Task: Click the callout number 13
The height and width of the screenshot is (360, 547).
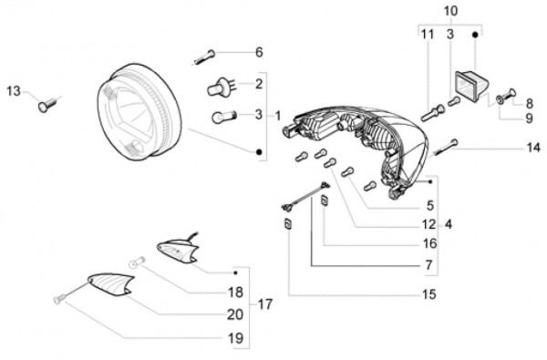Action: tap(14, 91)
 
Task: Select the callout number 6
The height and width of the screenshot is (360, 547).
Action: tap(259, 52)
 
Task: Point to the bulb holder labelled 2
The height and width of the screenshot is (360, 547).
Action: tap(219, 87)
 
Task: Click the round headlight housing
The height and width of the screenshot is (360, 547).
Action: tap(139, 112)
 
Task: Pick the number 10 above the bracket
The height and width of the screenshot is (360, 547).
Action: tap(450, 11)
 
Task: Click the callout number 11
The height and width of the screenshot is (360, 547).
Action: tap(428, 35)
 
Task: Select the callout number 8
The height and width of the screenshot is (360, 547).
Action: tap(530, 103)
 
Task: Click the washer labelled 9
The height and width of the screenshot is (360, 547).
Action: tap(500, 100)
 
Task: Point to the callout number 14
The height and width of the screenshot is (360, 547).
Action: tap(533, 148)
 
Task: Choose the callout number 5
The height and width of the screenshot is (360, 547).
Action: tap(430, 205)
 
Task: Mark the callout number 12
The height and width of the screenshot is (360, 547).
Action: tap(429, 224)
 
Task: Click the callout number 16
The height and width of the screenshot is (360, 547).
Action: tap(429, 243)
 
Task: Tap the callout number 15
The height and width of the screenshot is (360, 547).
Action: tap(429, 294)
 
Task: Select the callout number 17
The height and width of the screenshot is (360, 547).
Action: tap(264, 304)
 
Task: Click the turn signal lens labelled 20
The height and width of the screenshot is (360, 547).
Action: tap(111, 284)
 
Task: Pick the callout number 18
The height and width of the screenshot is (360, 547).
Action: tap(235, 293)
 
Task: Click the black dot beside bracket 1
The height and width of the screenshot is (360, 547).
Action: tap(259, 151)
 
